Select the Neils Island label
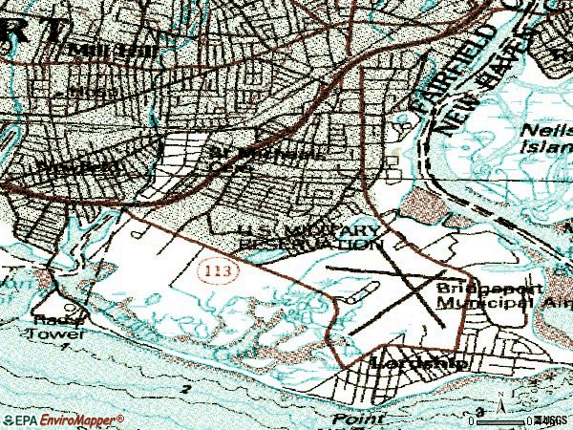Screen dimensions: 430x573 pyautogui.click(x=544, y=138)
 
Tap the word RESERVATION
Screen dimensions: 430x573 pyautogui.click(x=305, y=245)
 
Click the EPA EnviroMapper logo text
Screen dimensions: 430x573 pyautogui.click(x=63, y=420)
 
